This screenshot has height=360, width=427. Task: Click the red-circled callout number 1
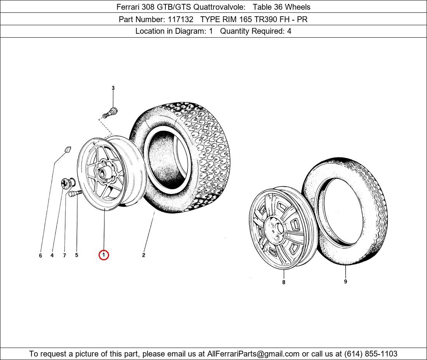pos(104,255)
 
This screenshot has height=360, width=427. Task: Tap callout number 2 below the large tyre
pos(144,255)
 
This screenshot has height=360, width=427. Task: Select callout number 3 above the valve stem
pos(113,88)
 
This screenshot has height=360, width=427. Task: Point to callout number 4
pos(52,255)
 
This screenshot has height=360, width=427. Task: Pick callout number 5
pos(76,255)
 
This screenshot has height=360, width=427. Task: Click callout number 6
pos(41,255)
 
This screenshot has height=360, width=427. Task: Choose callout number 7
pos(64,255)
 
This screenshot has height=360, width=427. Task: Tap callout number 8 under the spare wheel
pos(284,282)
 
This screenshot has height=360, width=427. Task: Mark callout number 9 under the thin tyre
pos(345,281)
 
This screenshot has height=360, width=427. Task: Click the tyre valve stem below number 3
pos(110,112)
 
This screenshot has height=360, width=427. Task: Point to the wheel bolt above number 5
pos(75,193)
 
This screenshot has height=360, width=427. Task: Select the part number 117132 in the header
pos(180,19)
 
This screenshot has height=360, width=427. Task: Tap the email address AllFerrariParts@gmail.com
pos(253,354)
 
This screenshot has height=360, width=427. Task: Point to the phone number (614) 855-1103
pos(371,354)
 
